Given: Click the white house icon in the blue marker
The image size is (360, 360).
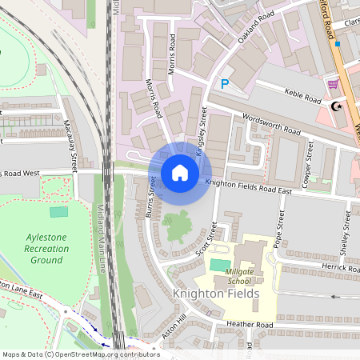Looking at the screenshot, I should (x=180, y=173).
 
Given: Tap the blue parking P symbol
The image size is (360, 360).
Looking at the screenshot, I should (x=225, y=83).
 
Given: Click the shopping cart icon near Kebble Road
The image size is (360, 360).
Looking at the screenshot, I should (x=332, y=84).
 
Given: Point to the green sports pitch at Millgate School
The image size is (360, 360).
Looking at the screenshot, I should (x=218, y=264).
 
